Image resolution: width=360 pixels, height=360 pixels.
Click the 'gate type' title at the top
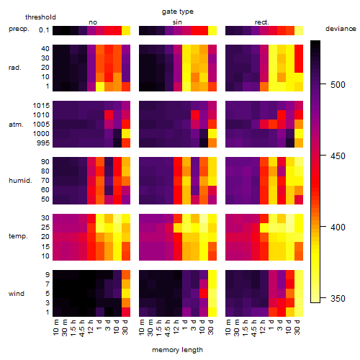pyautogui.click(x=178, y=12)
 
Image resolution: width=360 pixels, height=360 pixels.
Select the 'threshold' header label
pyautogui.click(x=40, y=17)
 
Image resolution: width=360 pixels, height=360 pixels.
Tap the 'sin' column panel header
pyautogui.click(x=177, y=22)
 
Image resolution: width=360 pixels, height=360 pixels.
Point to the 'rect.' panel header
pyautogui.click(x=261, y=22)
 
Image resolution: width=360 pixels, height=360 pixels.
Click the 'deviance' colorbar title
pyautogui.click(x=341, y=29)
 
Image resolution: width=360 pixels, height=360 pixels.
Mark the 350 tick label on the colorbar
pyautogui.click(x=338, y=299)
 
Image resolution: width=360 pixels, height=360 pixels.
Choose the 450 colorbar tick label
pyautogui.click(x=338, y=156)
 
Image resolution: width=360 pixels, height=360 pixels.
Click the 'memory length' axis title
pyautogui.click(x=177, y=350)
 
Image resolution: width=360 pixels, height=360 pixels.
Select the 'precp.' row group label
pyautogui.click(x=19, y=30)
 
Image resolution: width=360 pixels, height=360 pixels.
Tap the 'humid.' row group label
pyautogui.click(x=20, y=181)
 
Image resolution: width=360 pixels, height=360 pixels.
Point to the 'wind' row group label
pyautogui.click(x=17, y=293)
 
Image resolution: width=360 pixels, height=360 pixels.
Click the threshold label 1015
pyautogui.click(x=41, y=106)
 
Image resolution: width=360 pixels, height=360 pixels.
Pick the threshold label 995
pyautogui.click(x=43, y=143)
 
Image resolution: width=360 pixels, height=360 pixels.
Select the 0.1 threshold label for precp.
pyautogui.click(x=44, y=30)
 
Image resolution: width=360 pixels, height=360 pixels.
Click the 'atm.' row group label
pyautogui.click(x=16, y=125)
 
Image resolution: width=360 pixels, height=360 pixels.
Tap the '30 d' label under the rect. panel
pyautogui.click(x=297, y=327)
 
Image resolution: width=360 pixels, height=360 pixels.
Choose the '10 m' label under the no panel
pyautogui.click(x=55, y=328)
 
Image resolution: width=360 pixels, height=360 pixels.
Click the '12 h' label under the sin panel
pyautogui.click(x=176, y=327)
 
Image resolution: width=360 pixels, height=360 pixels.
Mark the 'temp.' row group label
pyautogui.click(x=18, y=236)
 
